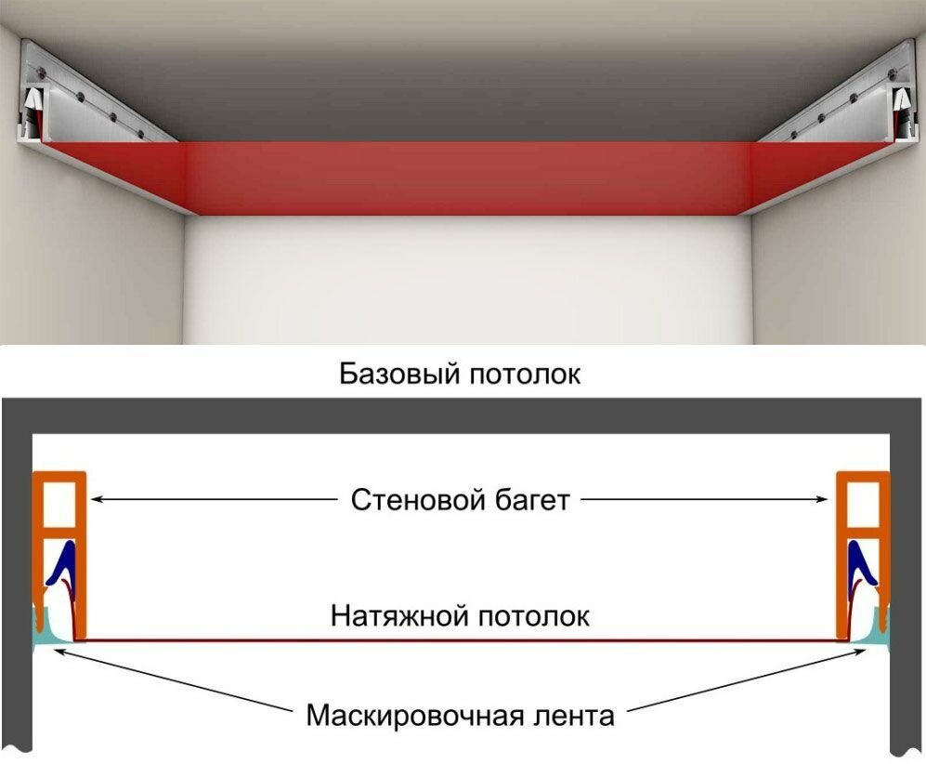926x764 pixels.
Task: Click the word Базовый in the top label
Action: click(397, 375)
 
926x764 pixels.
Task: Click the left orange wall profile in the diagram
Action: click(81, 558)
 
